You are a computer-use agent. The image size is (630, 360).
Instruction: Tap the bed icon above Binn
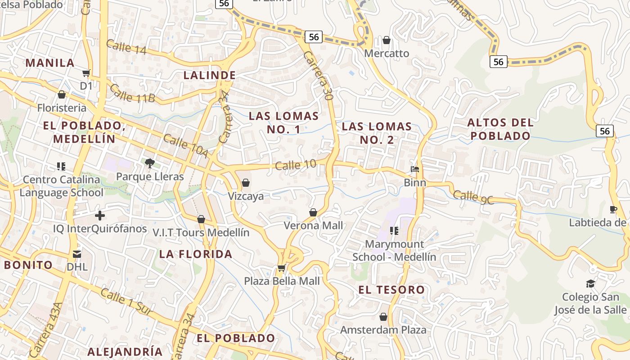[415, 170]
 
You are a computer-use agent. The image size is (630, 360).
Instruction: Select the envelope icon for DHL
[77, 254]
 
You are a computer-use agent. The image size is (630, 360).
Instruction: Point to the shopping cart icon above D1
[86, 73]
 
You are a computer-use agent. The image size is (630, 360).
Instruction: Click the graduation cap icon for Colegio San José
[590, 283]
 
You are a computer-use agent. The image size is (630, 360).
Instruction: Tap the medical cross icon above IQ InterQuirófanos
[100, 216]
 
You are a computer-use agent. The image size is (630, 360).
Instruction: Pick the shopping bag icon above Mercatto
[386, 40]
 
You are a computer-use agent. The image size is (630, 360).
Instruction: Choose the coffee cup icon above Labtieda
[613, 209]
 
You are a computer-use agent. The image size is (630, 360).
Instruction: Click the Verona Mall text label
[313, 225]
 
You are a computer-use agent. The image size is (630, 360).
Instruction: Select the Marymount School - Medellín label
[394, 251]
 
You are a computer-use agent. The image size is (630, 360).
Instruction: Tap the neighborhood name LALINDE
[210, 75]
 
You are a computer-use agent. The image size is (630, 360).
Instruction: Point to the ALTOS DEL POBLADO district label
[500, 129]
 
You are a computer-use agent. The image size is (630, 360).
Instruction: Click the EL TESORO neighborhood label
[391, 290]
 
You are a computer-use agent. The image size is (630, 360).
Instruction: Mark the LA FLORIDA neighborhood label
[196, 254]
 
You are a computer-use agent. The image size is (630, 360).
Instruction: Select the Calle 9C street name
[473, 198]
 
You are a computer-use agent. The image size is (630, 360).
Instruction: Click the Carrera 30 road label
[318, 75]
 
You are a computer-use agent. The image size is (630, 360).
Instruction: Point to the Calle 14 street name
[126, 47]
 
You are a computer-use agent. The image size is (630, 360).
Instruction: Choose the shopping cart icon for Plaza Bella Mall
[282, 268]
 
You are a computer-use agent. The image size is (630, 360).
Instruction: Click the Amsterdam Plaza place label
[383, 330]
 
